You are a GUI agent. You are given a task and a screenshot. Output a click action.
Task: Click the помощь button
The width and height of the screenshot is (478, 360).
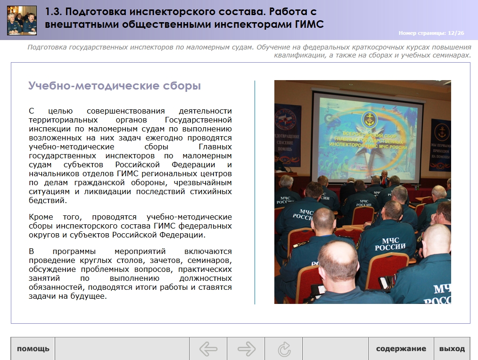pos(33,349)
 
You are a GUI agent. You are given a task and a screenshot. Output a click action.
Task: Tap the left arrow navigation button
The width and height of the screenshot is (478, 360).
pos(208,349)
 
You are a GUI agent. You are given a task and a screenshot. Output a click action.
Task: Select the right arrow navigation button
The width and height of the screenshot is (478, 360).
pos(246,349)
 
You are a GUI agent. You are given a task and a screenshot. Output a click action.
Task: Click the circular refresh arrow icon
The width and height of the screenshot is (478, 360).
pos(284,349)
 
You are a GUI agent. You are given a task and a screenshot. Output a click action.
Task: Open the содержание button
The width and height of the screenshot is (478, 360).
pos(401,349)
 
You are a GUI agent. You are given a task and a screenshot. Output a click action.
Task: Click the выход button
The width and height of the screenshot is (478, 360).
pos(452,349)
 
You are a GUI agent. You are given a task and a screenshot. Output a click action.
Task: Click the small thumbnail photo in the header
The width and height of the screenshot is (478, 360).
pos(22,20)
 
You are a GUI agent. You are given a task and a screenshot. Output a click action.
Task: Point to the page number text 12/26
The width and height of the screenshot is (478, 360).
pos(456,33)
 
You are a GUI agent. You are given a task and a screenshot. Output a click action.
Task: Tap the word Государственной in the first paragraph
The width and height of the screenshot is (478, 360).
pos(198,120)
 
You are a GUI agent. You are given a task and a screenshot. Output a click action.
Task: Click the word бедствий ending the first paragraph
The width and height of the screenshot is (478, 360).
pos(48,201)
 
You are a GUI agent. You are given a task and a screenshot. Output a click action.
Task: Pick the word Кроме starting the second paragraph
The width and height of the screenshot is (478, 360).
pos(41,217)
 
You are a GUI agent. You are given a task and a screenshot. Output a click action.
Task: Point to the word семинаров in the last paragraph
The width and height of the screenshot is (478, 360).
pos(209,261)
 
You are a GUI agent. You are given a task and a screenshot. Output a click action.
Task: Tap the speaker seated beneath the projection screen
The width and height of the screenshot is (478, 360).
pos(384,178)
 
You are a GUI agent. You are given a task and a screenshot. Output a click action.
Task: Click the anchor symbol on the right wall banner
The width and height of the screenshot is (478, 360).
pos(442,131)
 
